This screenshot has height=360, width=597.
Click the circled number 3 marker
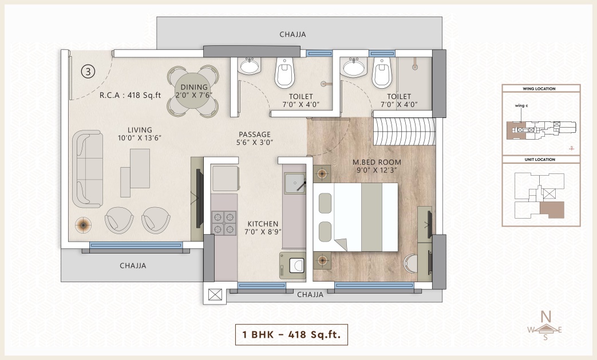click(x=88, y=72)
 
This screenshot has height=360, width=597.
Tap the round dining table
click(x=193, y=92)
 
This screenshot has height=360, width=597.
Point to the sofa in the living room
click(x=88, y=169)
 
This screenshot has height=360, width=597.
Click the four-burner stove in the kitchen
click(x=224, y=223)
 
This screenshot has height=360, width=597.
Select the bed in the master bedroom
click(x=355, y=217)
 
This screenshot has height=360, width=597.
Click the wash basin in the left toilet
click(x=250, y=66)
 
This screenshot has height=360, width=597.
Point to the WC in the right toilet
click(x=382, y=72)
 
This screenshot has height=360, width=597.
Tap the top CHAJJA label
click(x=293, y=34)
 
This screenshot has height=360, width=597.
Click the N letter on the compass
click(x=546, y=317)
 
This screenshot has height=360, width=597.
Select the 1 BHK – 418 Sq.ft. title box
click(x=291, y=334)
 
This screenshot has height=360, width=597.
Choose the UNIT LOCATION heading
click(x=540, y=160)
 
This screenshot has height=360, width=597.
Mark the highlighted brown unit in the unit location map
click(x=552, y=209)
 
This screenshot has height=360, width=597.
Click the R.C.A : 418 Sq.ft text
click(x=130, y=95)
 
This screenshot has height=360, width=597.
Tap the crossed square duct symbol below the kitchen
click(x=215, y=295)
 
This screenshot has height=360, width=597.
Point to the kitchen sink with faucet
click(x=295, y=183)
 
